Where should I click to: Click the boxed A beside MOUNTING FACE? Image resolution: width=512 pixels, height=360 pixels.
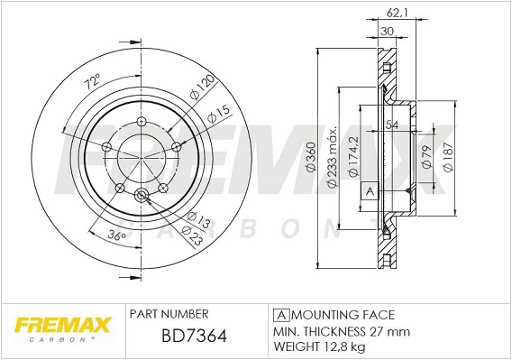point(279,315)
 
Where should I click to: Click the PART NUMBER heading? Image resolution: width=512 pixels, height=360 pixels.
point(169,313)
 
